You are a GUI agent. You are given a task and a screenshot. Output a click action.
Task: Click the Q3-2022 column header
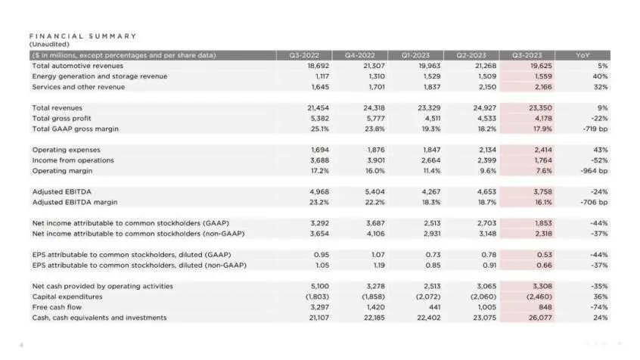[x=304, y=55]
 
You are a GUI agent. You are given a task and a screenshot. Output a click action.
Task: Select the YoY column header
[x=583, y=55]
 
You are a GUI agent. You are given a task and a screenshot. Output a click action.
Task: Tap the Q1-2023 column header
[x=415, y=55]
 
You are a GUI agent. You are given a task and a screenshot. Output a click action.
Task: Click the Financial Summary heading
[x=83, y=36]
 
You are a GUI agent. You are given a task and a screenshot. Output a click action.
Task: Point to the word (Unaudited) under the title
[x=49, y=44]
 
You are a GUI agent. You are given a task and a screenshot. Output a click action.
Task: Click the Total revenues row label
[x=57, y=107]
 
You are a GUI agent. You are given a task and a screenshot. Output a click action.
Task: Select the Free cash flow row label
[x=57, y=307]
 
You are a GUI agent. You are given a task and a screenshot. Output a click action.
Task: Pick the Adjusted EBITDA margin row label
[x=75, y=202]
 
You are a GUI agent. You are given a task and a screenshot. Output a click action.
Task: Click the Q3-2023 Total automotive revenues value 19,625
[x=541, y=66]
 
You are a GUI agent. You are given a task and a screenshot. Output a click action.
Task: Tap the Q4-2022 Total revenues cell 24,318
[x=374, y=107]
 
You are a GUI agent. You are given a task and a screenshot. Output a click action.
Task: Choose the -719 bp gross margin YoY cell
[x=595, y=129]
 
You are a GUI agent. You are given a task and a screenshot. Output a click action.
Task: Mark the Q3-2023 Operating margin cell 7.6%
[x=544, y=171]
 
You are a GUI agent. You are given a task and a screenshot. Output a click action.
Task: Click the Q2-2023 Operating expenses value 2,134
[x=487, y=150]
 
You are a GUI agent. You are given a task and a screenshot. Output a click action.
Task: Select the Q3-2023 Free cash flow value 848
[x=545, y=307]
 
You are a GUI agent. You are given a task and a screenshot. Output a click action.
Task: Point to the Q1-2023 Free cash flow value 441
[x=434, y=307]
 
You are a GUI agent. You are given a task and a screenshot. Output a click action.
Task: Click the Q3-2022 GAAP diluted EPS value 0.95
[x=322, y=255]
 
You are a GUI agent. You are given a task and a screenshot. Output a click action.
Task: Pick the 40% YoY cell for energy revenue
[x=600, y=76]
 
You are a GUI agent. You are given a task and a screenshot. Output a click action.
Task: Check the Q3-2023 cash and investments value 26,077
[x=540, y=318]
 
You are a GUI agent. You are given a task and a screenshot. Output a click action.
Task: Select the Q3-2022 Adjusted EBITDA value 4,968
[x=319, y=191]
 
